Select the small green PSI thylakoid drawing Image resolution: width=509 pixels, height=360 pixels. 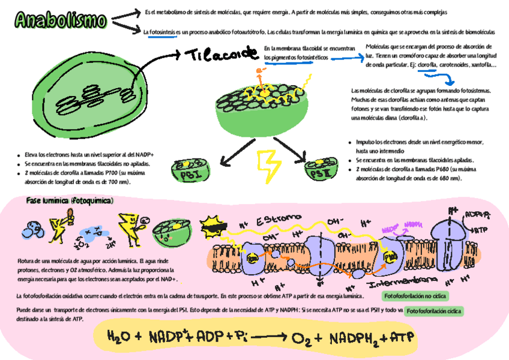coord(190,170)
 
